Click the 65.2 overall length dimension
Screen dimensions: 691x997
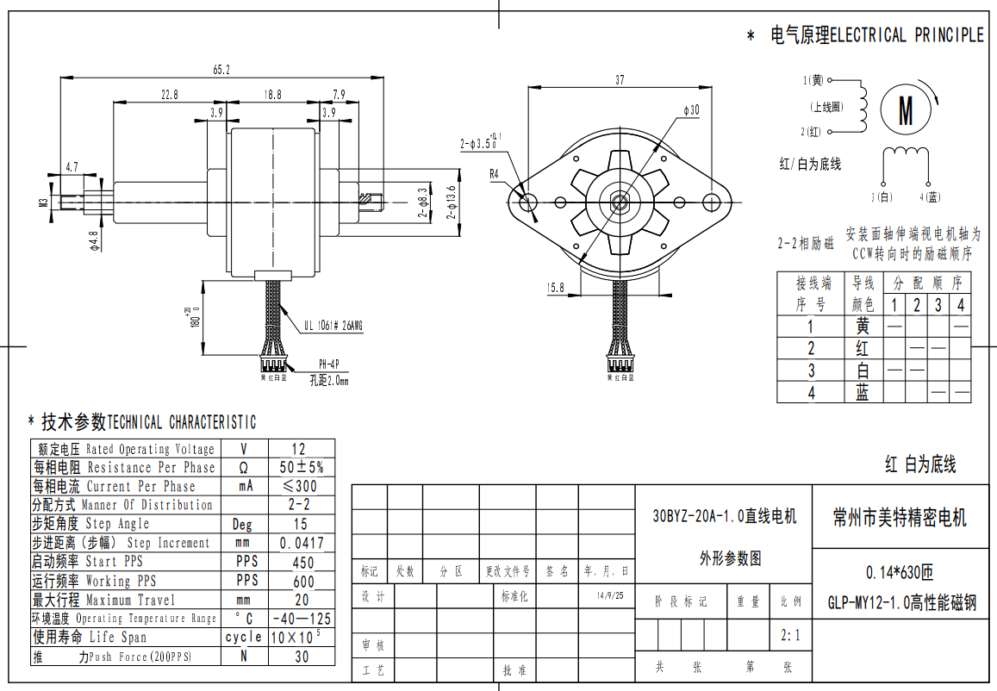point(221,70)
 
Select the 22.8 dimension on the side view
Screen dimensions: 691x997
point(169,95)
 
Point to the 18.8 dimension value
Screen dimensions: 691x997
point(272,95)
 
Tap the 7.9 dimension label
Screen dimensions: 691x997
point(339,95)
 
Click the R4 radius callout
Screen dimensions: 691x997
point(495,173)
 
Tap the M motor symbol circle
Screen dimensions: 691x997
point(906,109)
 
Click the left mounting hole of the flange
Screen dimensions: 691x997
point(529,202)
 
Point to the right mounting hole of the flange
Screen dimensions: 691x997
point(711,202)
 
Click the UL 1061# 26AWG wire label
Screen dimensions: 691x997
point(333,326)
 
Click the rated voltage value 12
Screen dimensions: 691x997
point(299,449)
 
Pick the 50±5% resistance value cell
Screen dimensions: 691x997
point(302,467)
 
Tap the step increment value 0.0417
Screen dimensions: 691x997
point(302,543)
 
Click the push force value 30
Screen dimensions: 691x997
point(302,657)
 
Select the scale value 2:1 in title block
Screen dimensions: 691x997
point(790,636)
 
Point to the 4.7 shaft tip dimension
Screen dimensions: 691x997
point(72,166)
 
